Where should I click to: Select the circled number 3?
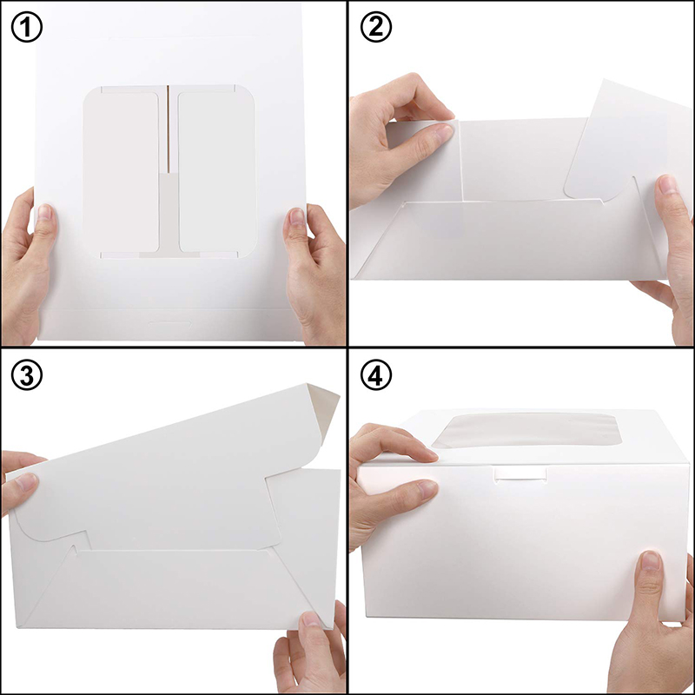tap(26, 375)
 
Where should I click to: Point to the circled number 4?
tap(374, 375)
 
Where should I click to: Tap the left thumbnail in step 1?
tap(44, 215)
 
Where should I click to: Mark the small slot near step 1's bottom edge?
tap(170, 322)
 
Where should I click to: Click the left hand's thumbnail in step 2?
tap(442, 133)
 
